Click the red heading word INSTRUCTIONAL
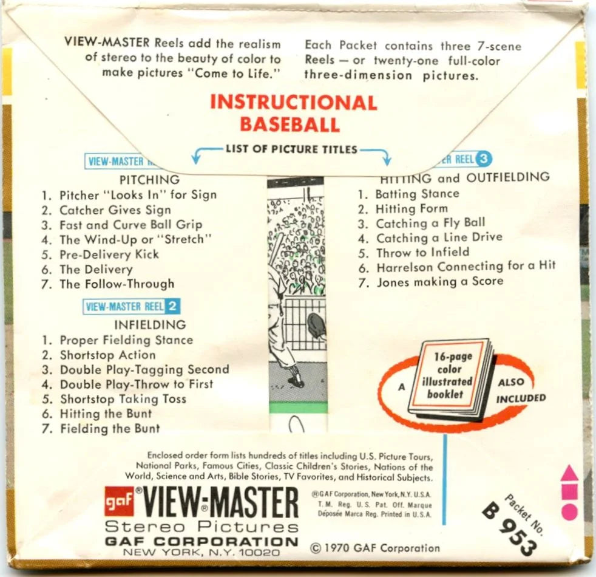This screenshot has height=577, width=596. tap(294, 103)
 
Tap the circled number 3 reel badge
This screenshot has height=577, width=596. tap(483, 159)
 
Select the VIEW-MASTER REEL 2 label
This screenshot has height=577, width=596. tap(132, 306)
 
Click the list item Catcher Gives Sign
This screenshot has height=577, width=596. tap(107, 210)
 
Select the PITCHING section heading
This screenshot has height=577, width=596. tap(149, 180)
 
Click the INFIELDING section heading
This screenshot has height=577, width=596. tap(150, 325)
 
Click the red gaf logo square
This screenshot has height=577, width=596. tap(119, 501)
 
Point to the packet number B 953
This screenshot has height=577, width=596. tap(510, 522)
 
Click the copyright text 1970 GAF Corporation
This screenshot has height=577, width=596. tap(375, 548)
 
